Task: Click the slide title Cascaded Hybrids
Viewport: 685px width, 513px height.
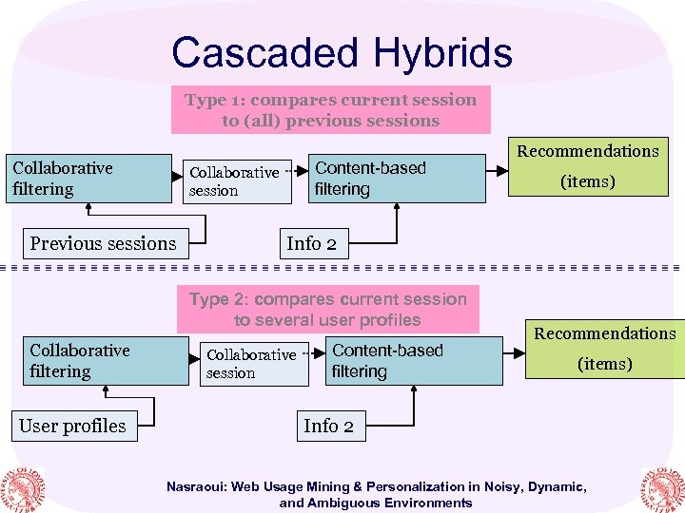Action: pyautogui.click(x=342, y=53)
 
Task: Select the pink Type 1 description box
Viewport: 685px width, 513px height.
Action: pyautogui.click(x=330, y=110)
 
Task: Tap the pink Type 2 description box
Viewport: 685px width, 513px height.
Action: pyautogui.click(x=327, y=310)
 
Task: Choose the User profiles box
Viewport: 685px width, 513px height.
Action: pyautogui.click(x=72, y=426)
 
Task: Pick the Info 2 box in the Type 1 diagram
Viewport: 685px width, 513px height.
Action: pyautogui.click(x=311, y=243)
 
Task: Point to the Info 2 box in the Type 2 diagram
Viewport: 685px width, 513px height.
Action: pyautogui.click(x=328, y=426)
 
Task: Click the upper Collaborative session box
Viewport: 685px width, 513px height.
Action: pyautogui.click(x=235, y=181)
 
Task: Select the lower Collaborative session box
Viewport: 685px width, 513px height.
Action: pyautogui.click(x=252, y=364)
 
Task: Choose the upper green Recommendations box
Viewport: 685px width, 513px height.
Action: pyautogui.click(x=587, y=166)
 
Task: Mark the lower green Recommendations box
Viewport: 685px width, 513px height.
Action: pyautogui.click(x=605, y=349)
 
